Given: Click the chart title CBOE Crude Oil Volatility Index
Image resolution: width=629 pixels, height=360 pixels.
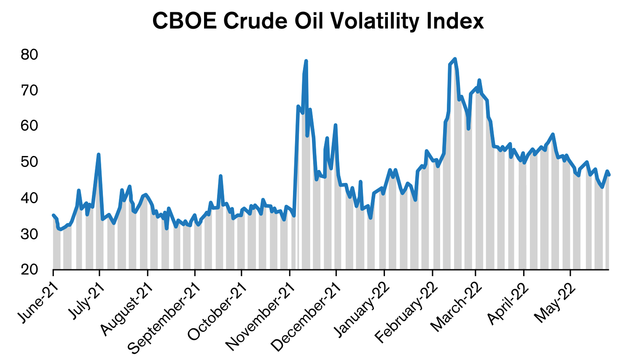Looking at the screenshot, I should [318, 21].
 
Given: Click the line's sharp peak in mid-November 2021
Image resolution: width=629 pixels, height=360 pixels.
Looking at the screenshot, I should [306, 61].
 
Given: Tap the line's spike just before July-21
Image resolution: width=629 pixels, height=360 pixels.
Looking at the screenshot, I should [98, 155].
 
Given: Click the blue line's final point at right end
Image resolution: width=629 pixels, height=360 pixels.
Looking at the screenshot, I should [609, 175].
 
